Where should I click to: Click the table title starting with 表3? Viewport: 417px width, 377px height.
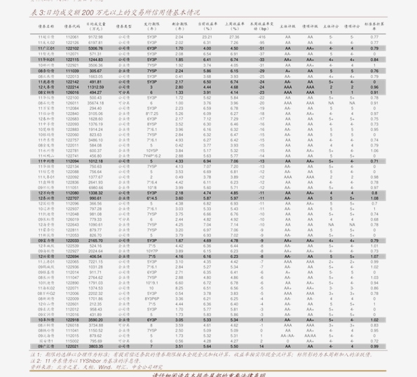pyautogui.click(x=105, y=13)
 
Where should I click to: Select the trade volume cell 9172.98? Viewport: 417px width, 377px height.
pyautogui.click(x=95, y=37)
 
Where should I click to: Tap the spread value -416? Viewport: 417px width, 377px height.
pyautogui.click(x=261, y=37)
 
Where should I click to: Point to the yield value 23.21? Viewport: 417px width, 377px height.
pyautogui.click(x=207, y=37)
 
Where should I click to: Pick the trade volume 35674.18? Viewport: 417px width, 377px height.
pyautogui.click(x=95, y=103)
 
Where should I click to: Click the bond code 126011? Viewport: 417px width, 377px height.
pyautogui.click(x=72, y=103)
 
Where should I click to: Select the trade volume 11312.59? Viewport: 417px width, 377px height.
pyautogui.click(x=95, y=87)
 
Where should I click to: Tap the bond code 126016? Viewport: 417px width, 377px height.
pyautogui.click(x=72, y=92)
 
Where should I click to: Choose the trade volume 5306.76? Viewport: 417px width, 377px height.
pyautogui.click(x=95, y=48)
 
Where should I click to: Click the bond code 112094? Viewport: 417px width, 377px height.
pyautogui.click(x=72, y=160)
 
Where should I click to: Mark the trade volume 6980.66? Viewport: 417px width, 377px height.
pyautogui.click(x=95, y=187)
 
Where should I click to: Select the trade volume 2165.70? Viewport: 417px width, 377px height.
pyautogui.click(x=95, y=240)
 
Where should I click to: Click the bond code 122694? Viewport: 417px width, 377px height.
pyautogui.click(x=72, y=256)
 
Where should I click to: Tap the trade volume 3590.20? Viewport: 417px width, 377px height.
pyautogui.click(x=95, y=320)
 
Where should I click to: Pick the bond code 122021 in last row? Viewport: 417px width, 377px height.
pyautogui.click(x=72, y=346)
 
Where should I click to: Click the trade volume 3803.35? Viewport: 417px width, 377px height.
pyautogui.click(x=95, y=346)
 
